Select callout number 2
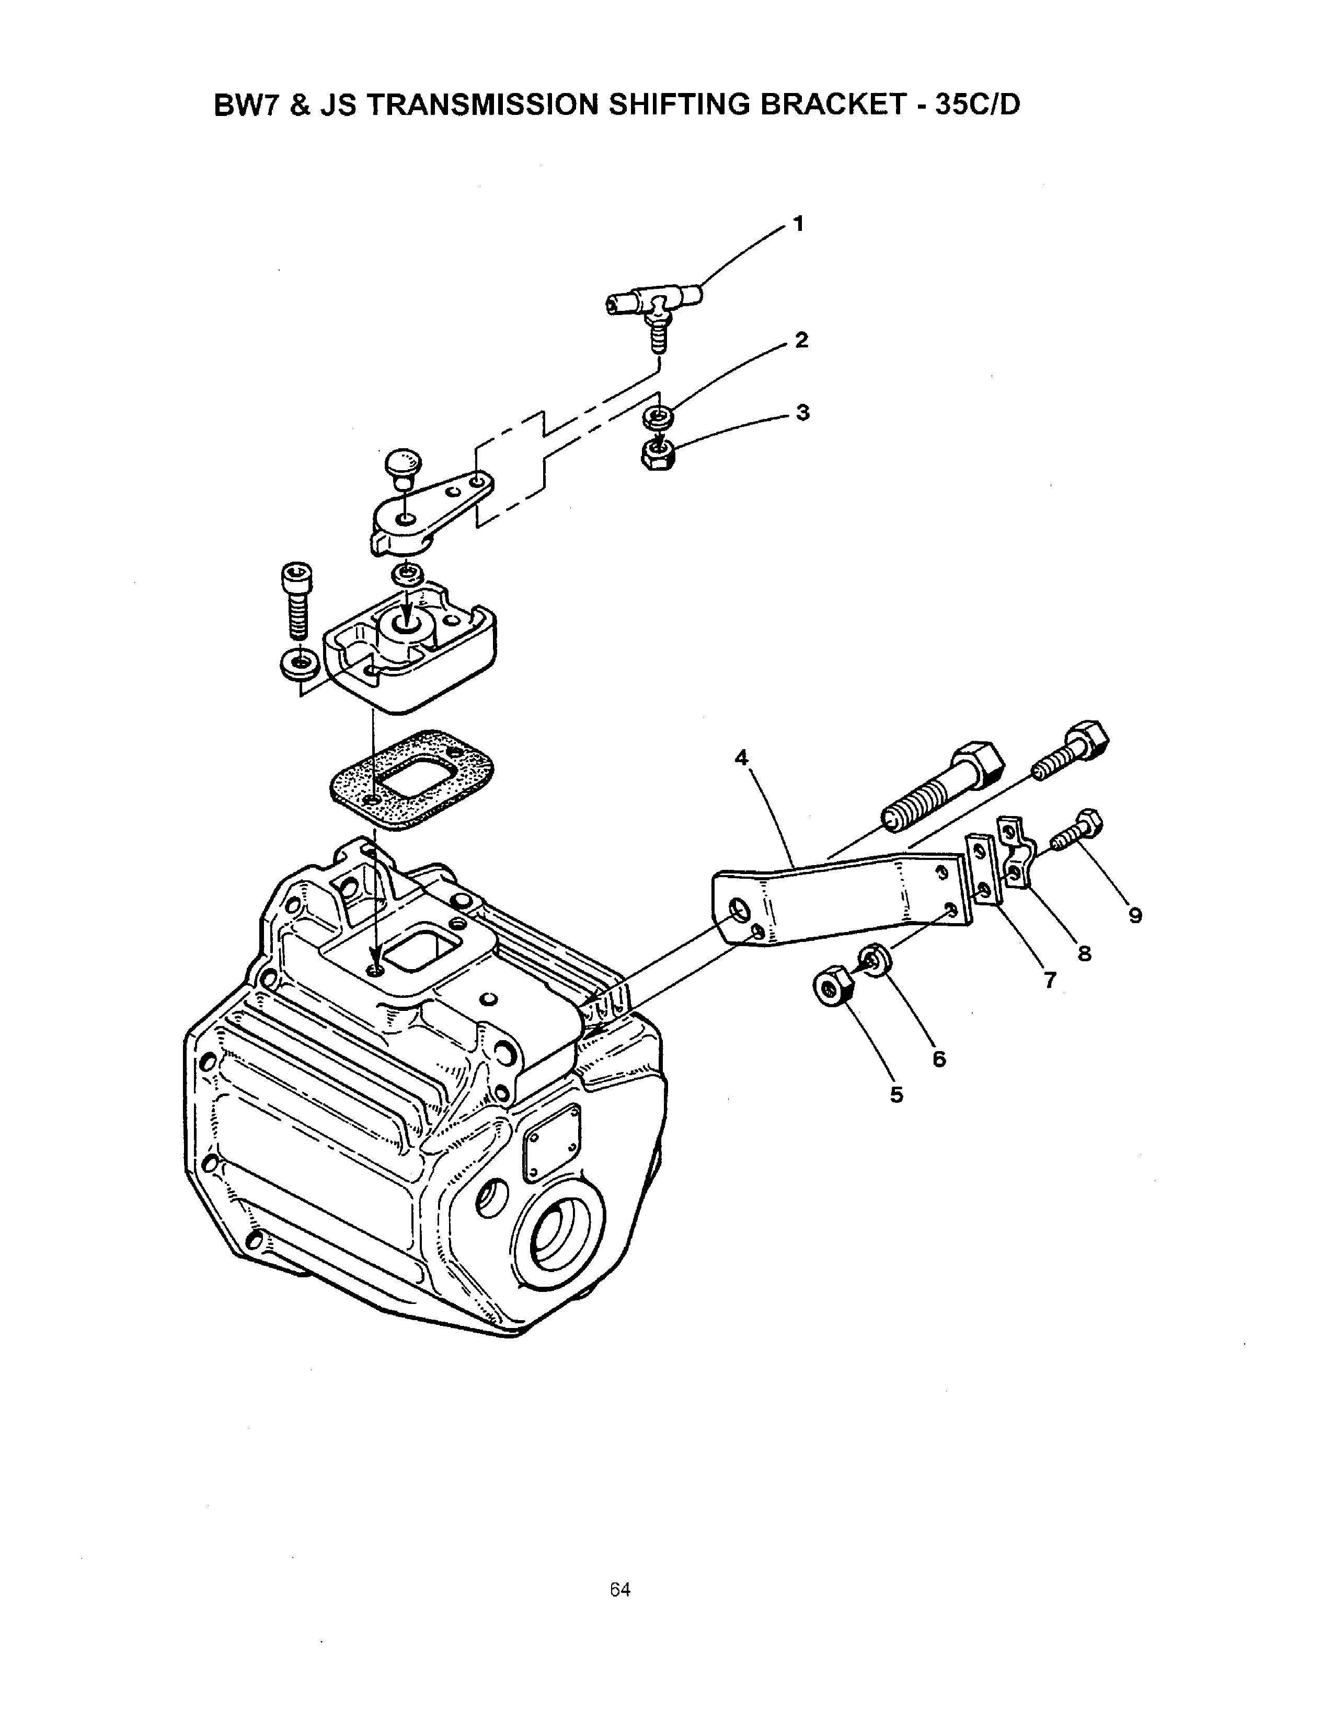click(801, 341)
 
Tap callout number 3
click(803, 413)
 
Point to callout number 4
click(741, 758)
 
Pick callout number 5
click(897, 1095)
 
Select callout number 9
click(1135, 916)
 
